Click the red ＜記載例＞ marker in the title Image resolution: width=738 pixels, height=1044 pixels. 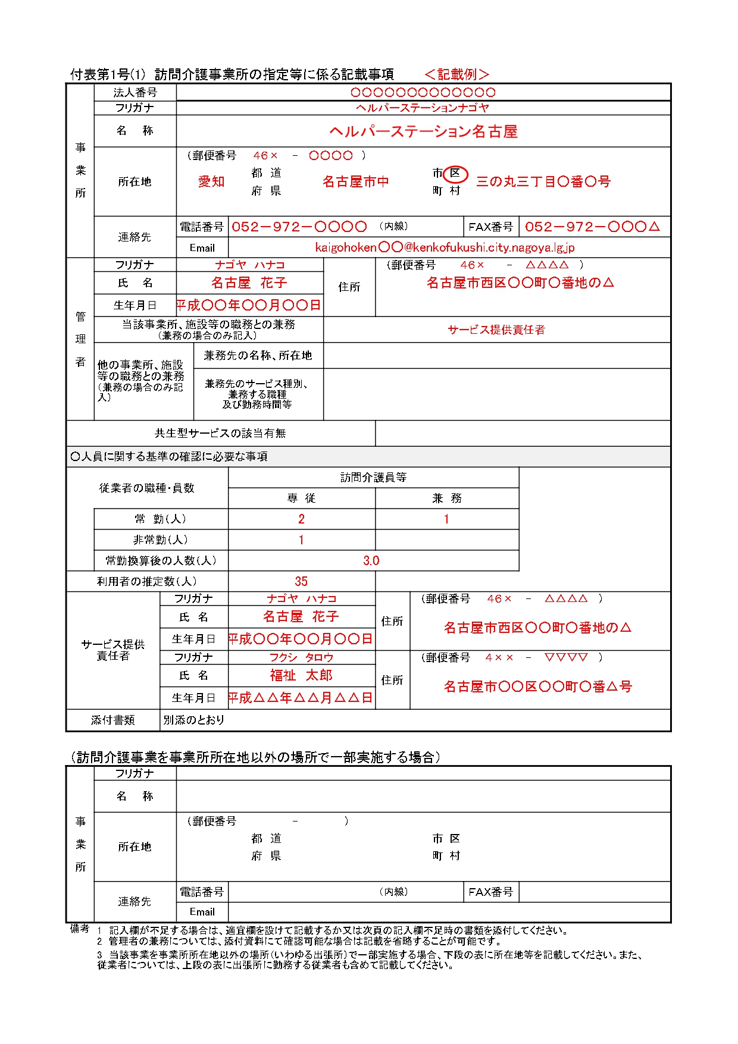457,74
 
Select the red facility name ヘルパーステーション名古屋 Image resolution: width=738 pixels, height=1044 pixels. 423,131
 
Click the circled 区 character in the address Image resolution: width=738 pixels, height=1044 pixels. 455,173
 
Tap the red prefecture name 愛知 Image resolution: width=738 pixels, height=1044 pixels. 211,181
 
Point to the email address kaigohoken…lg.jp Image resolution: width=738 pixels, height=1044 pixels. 445,247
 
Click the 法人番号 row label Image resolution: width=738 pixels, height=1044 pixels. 135,93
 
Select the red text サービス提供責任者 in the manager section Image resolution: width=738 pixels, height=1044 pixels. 496,330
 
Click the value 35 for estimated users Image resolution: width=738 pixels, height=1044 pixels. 301,581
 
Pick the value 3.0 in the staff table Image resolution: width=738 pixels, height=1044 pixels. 371,560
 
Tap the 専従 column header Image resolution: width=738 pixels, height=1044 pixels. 301,498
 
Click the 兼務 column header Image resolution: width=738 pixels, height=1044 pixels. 446,498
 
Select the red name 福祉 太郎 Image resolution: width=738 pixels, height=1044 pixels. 301,675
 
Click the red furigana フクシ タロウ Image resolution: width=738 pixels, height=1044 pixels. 301,657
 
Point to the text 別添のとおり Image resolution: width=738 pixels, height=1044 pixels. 194,720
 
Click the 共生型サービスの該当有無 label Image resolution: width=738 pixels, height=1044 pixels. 220,433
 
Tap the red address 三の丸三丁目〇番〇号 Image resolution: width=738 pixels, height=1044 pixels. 543,181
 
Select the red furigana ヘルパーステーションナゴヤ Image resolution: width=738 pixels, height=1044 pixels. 423,108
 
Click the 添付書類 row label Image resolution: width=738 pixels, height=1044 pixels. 113,720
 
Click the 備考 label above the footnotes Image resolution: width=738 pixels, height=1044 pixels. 80,929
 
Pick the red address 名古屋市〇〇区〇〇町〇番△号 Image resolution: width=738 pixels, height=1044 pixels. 538,686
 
